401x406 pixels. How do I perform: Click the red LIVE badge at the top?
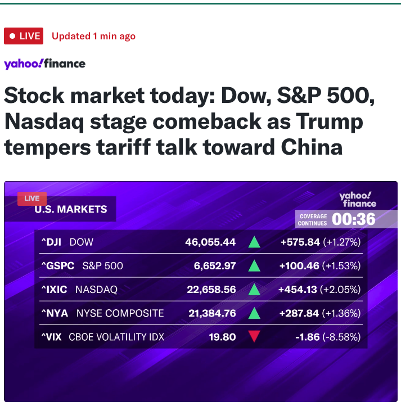pos(24,36)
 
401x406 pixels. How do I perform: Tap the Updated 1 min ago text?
pos(93,36)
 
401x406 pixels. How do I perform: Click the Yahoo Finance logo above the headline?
pos(44,64)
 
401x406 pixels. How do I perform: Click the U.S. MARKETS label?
pos(71,209)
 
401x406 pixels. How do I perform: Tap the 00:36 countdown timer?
pos(354,219)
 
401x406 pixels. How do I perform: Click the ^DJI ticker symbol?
pos(52,242)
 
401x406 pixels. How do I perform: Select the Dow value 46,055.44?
pos(210,242)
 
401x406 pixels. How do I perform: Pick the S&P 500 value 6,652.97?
pos(215,266)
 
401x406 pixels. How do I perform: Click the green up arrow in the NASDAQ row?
pos(254,290)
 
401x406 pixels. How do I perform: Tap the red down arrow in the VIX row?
pos(254,337)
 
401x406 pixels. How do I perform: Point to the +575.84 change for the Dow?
pos(300,242)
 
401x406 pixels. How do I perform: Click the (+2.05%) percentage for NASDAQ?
pos(340,290)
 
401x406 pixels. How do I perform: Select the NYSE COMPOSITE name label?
pos(120,313)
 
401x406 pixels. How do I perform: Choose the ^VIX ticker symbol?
pos(52,337)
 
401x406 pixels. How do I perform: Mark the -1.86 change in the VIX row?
pos(307,337)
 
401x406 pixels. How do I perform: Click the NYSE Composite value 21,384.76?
pos(212,313)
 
